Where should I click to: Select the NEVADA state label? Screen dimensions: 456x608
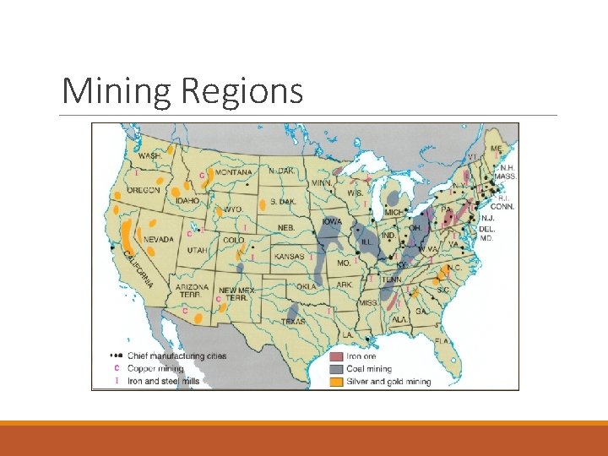[x=158, y=239]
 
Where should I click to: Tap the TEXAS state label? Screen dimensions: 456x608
[x=294, y=321]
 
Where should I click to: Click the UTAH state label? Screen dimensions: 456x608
[x=197, y=251]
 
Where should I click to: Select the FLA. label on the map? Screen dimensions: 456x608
[x=442, y=339]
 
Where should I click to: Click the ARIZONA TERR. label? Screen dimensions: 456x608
[x=192, y=291]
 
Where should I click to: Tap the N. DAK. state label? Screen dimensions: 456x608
[x=281, y=171]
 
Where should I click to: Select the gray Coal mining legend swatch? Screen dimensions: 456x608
[x=335, y=369]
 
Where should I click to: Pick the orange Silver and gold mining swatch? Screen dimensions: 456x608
[x=335, y=381]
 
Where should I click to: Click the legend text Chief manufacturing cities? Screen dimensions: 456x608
[x=176, y=356]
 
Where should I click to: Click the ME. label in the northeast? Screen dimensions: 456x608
[x=496, y=149]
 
